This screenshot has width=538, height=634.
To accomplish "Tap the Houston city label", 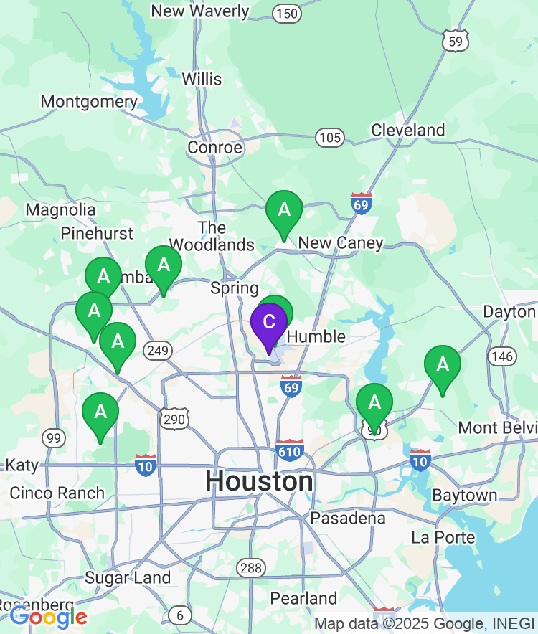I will (259, 481).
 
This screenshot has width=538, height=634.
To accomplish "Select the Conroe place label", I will (214, 148).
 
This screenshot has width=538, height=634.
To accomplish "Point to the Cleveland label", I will (407, 130).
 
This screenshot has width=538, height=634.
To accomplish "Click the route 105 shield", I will (331, 138).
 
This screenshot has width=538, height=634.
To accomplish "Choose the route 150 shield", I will (287, 13).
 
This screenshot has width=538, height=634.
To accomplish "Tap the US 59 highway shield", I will (455, 40).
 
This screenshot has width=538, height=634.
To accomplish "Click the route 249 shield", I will (156, 351).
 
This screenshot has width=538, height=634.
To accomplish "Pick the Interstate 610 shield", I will (289, 450).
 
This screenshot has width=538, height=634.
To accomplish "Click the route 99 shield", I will (53, 437).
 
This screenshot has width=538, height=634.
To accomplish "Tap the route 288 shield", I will (251, 568).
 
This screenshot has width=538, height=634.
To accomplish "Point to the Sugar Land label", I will (128, 578).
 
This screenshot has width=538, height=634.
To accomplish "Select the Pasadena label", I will (348, 518).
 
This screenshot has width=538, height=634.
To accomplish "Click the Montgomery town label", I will (88, 102).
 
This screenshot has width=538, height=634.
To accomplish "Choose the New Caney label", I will (341, 243).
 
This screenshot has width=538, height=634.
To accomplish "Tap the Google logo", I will (48, 617).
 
